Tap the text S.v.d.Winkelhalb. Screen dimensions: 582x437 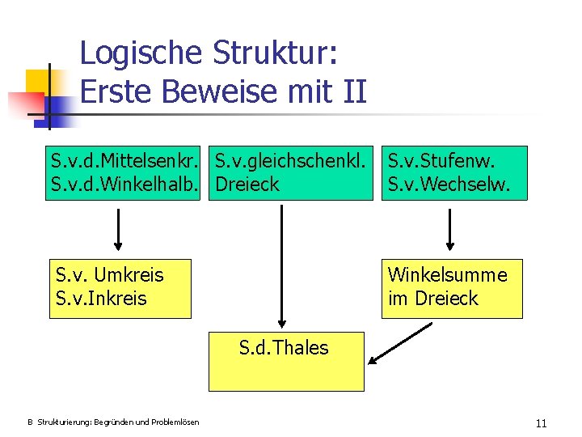(x=127, y=185)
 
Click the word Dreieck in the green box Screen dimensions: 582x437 (x=247, y=185)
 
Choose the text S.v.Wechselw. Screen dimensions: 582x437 (x=449, y=185)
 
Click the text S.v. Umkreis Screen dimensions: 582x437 (x=109, y=275)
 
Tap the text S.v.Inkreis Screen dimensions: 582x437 (x=101, y=299)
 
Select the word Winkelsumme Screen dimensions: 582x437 (x=448, y=275)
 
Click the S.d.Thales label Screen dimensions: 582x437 (x=284, y=348)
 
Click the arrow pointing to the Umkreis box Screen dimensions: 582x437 (x=119, y=230)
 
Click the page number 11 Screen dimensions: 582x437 (x=541, y=423)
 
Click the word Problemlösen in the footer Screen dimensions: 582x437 (x=172, y=422)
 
